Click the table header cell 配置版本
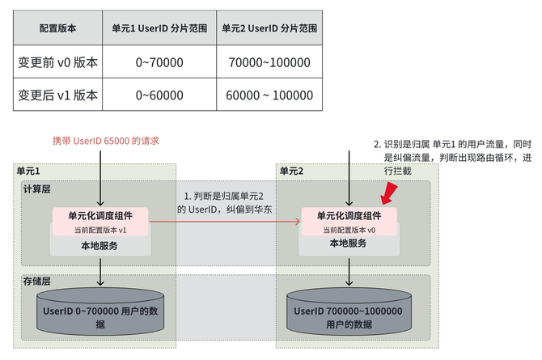pos(58,28)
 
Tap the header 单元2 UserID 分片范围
pos(269,28)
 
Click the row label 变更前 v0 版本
pos(58,61)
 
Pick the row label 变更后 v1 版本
pos(58,95)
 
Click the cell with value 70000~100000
pos(269,61)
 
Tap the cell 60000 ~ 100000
pos(269,95)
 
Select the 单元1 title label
pos(28,172)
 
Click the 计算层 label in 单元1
pos(36,188)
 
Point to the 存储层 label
pos(36,281)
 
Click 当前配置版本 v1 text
pos(100,230)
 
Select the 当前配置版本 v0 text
pos(349,230)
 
